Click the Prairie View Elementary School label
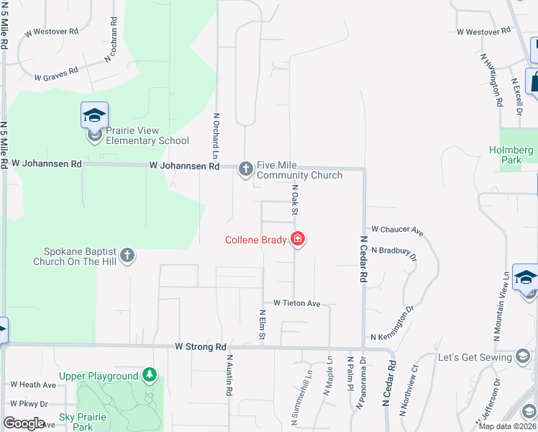point(147,135)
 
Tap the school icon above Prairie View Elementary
point(94,115)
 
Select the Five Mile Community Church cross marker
point(245,168)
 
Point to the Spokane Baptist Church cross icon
point(127,254)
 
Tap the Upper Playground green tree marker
point(149,374)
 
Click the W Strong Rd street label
point(201,346)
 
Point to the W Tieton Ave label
point(291,304)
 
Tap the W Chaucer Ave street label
point(397,229)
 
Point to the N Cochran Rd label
point(111,39)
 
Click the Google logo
point(24,423)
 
